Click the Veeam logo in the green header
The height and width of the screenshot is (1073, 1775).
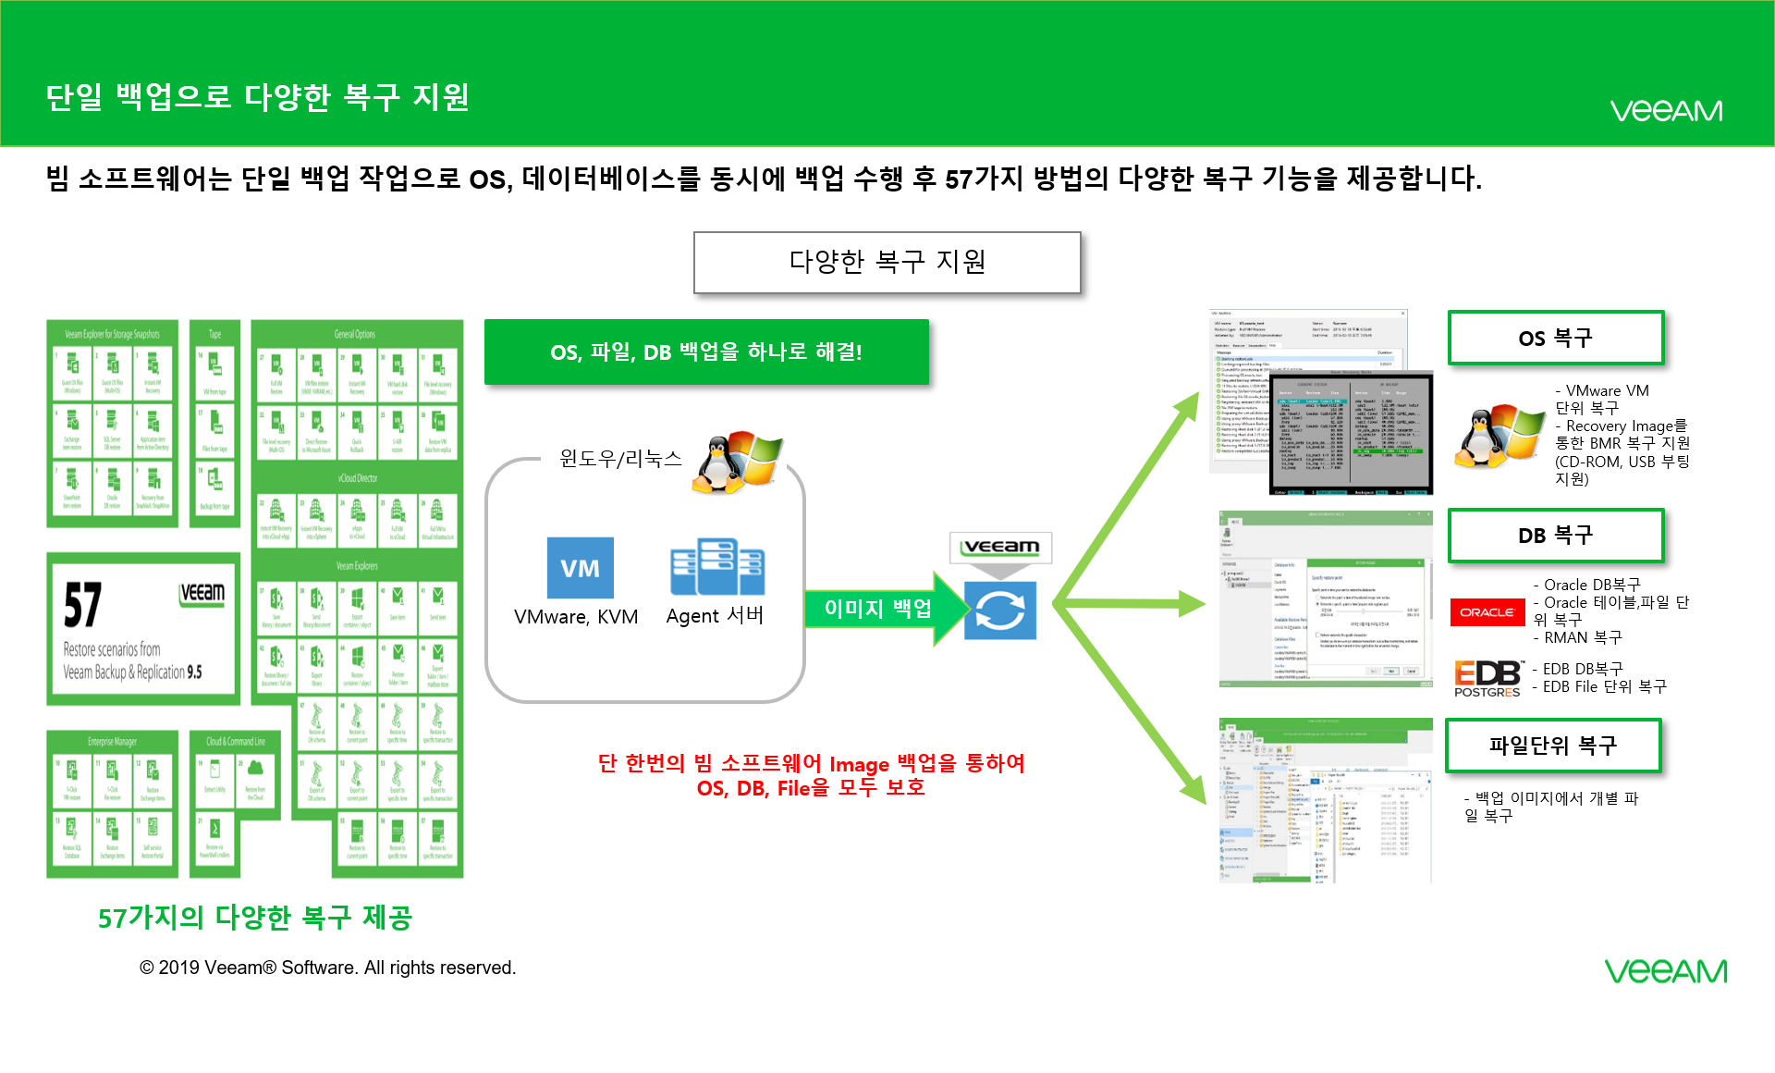[x=1666, y=111]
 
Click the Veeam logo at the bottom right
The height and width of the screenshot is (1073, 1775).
[x=1665, y=971]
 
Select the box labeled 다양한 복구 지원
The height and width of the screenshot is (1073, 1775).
[x=887, y=263]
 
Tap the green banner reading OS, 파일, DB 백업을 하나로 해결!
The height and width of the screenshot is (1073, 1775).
[x=706, y=352]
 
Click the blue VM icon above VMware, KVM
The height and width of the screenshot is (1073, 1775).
[x=580, y=568]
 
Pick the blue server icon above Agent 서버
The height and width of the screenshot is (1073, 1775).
[x=717, y=567]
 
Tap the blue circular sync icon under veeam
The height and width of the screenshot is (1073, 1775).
[x=999, y=610]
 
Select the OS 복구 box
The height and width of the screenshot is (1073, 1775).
[x=1555, y=339]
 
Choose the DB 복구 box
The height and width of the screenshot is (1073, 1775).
[x=1555, y=536]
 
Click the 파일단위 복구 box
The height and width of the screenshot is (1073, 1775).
[x=1553, y=746]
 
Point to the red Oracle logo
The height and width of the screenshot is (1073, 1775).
[x=1487, y=612]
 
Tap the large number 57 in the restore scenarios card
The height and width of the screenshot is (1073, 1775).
[x=83, y=606]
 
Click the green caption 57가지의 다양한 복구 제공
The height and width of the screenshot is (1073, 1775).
[x=255, y=918]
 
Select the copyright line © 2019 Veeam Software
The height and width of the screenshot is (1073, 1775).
[x=327, y=968]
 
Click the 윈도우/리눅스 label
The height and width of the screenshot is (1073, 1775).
[x=620, y=459]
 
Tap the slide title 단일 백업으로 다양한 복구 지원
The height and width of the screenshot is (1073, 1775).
[x=258, y=97]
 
